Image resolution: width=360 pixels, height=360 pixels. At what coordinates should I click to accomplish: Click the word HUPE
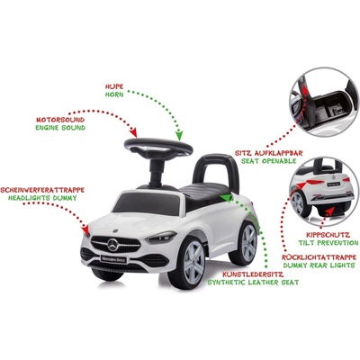(x=114, y=86)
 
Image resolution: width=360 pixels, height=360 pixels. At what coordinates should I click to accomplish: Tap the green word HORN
(x=114, y=94)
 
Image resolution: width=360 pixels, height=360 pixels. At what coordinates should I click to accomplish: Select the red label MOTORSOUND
(x=60, y=120)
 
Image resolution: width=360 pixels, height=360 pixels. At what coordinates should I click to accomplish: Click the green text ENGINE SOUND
(x=60, y=128)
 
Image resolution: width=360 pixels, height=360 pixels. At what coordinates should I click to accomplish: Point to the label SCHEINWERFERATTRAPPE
(x=42, y=190)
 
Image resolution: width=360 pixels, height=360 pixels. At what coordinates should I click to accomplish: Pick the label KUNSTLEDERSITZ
(x=253, y=274)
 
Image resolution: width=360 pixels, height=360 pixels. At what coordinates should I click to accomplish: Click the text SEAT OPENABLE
(x=269, y=161)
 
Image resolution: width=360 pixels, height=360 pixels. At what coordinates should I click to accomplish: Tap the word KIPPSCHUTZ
(x=328, y=235)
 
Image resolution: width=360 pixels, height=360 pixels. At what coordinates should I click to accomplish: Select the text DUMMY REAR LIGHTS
(x=319, y=265)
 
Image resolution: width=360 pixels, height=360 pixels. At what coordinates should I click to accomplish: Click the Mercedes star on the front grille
(x=113, y=245)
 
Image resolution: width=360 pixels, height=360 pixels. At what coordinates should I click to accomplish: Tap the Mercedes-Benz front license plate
(x=113, y=259)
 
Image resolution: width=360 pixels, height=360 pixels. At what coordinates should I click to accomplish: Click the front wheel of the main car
(x=187, y=263)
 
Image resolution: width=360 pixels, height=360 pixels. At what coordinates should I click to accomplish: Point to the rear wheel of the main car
(x=244, y=243)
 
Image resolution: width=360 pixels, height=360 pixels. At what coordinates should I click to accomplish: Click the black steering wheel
(x=158, y=148)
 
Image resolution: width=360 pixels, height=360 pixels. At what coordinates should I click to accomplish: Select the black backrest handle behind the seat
(x=216, y=171)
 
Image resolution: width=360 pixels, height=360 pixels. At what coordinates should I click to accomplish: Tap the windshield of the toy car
(x=146, y=203)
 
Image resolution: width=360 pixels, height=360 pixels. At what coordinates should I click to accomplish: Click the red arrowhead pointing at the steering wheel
(x=134, y=132)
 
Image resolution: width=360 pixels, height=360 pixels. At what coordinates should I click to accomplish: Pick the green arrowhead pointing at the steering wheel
(x=179, y=135)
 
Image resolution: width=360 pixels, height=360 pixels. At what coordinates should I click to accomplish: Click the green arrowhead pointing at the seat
(x=227, y=198)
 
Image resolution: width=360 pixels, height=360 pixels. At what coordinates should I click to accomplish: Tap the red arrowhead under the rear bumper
(x=330, y=211)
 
